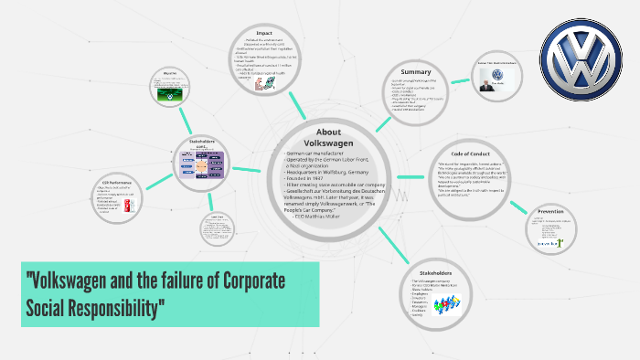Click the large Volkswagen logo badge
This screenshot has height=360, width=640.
581,63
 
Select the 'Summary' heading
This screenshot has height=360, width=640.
415,71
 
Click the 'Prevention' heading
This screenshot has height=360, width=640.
551,211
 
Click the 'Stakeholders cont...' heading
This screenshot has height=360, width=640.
202,143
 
